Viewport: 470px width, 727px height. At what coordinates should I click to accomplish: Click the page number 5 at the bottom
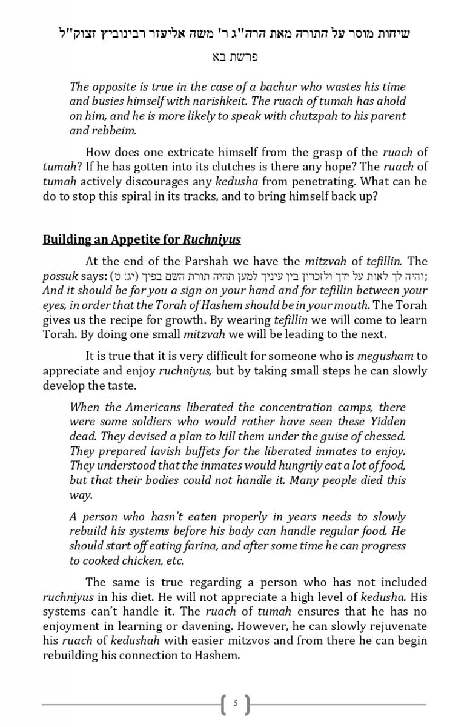235,704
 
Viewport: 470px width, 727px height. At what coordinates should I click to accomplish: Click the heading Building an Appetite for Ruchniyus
142,239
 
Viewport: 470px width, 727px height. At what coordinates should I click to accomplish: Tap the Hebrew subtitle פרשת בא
235,58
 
